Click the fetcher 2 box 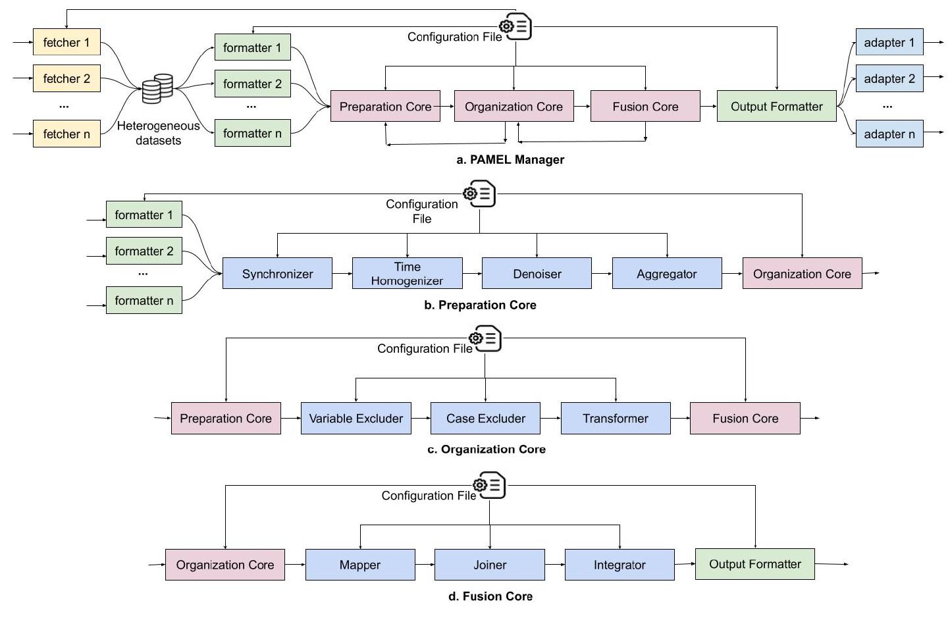tap(66, 79)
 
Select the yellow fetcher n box tap(66, 134)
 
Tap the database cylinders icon tap(157, 89)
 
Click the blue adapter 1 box tap(889, 43)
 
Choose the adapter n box tap(889, 134)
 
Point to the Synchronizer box tap(277, 274)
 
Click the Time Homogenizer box tap(407, 274)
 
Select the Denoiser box tap(537, 274)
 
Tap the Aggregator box tap(666, 274)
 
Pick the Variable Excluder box tap(356, 419)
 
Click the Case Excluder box tap(485, 419)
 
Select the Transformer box tap(615, 419)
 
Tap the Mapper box tap(359, 565)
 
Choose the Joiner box tap(489, 565)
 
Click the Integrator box tap(619, 565)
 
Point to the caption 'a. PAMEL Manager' tap(510, 159)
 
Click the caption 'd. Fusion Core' tap(490, 596)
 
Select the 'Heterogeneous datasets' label tap(158, 133)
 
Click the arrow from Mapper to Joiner tap(425, 565)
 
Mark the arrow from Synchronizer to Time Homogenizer tap(342, 273)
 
